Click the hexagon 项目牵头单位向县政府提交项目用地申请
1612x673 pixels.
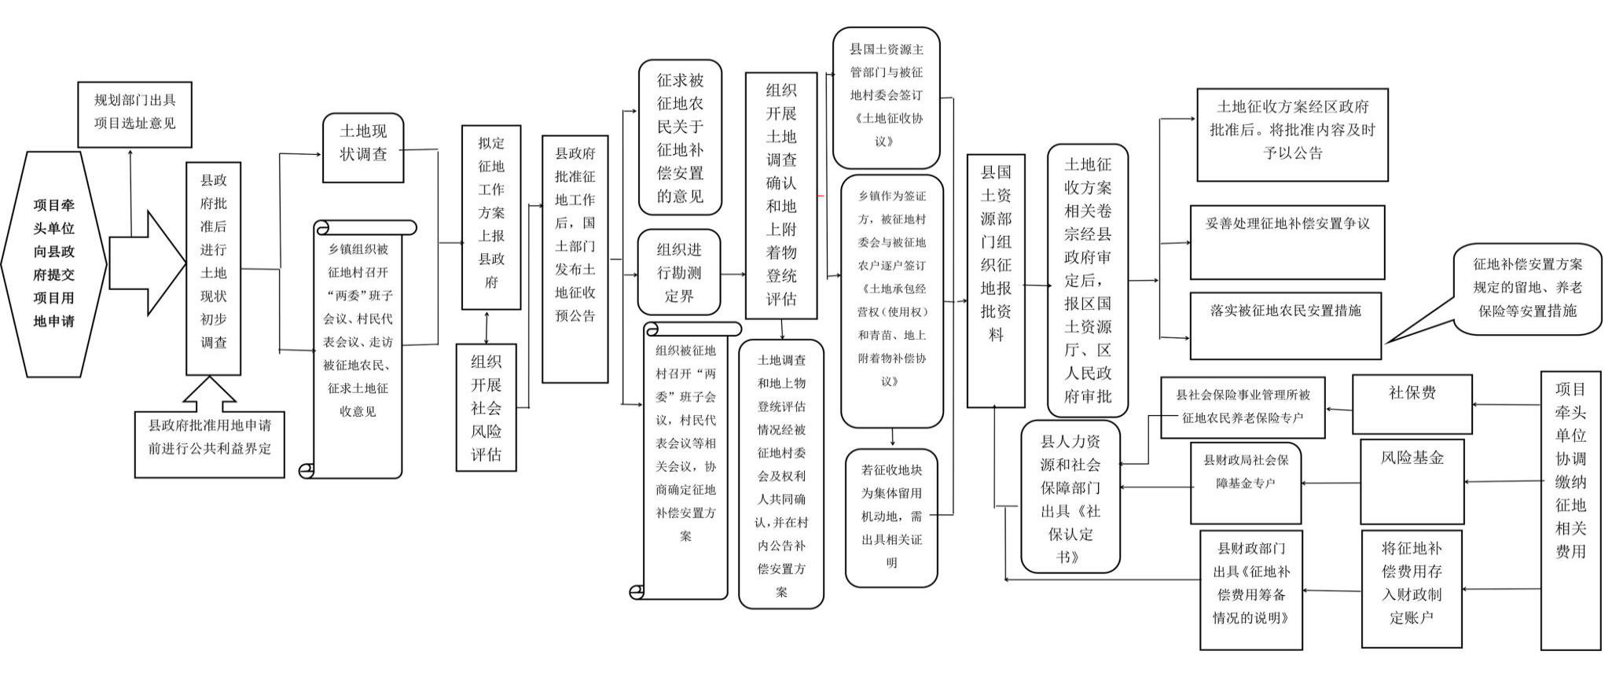53,263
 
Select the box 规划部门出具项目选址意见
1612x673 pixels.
135,114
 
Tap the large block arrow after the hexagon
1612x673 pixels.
145,263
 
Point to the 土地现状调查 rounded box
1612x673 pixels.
363,148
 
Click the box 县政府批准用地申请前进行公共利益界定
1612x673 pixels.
209,444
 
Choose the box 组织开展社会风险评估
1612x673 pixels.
487,407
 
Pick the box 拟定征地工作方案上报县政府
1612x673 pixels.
491,217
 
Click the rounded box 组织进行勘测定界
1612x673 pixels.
679,272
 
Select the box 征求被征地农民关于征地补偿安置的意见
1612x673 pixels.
680,138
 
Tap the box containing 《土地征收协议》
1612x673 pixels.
887,97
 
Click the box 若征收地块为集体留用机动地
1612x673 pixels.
891,517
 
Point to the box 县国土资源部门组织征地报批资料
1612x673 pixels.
996,281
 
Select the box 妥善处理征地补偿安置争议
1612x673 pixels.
1287,242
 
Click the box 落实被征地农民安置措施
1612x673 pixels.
1286,325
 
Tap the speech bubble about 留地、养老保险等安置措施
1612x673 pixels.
1527,289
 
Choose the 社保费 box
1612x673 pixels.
1412,404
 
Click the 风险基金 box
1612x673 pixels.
1412,481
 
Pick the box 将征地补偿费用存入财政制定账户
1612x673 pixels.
1412,589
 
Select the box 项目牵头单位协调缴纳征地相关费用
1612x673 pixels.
1570,510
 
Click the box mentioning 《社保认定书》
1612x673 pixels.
1070,497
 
